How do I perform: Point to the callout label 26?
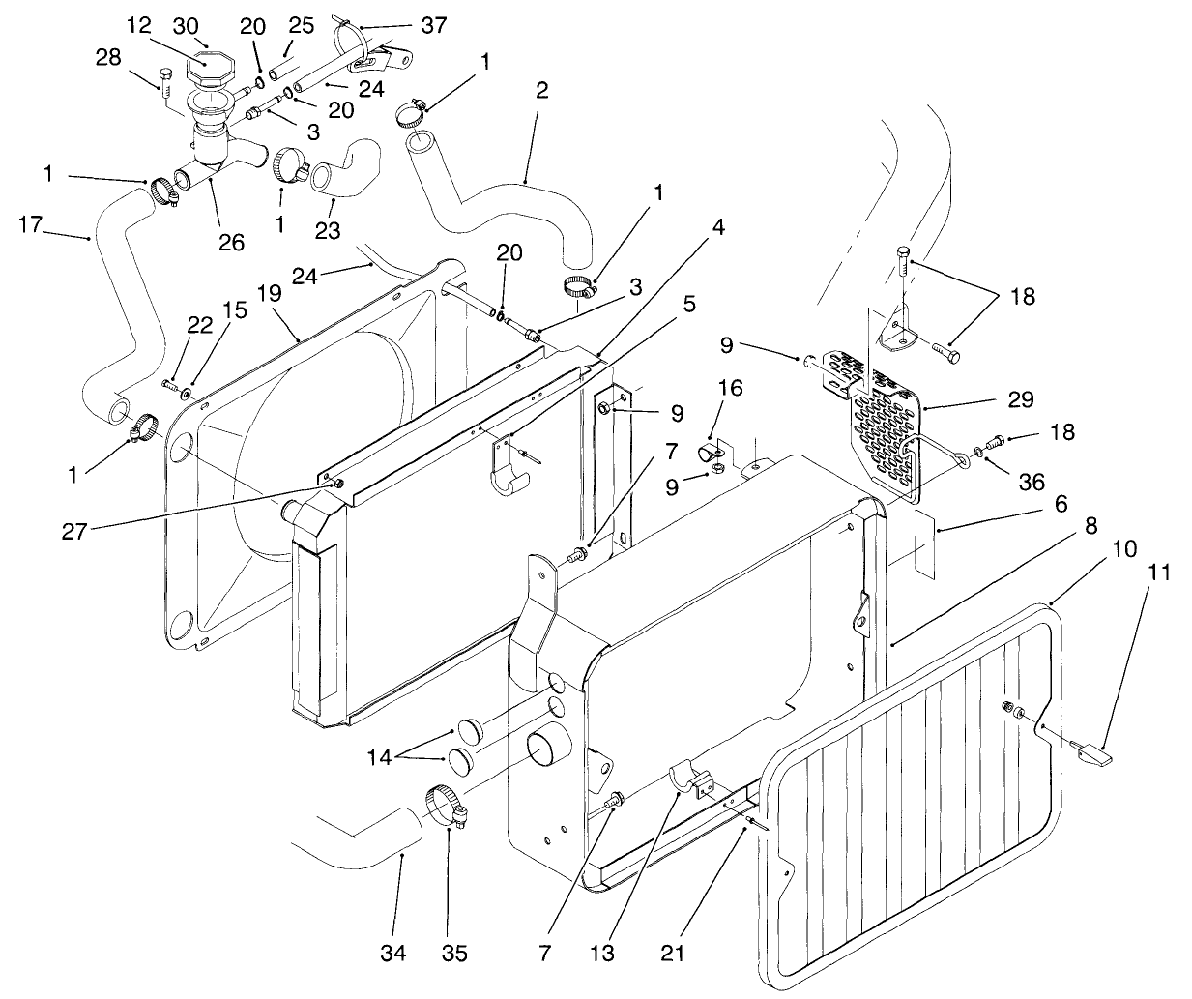point(231,241)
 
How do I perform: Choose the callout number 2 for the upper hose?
point(540,90)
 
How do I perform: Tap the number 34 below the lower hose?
point(392,954)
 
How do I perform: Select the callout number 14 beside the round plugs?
point(379,757)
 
